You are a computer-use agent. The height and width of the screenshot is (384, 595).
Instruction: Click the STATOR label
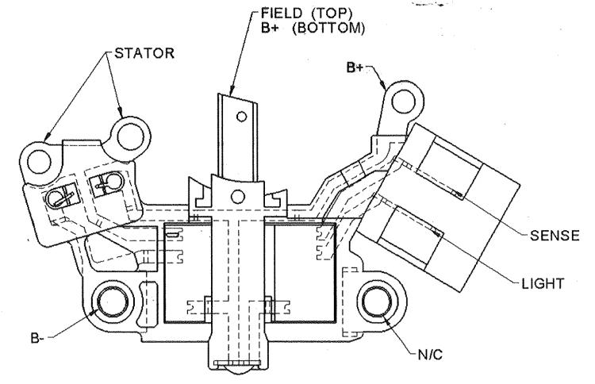[144, 53]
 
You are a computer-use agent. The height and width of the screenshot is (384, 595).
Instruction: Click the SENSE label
[555, 236]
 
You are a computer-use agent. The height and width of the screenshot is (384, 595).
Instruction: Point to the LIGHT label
[543, 283]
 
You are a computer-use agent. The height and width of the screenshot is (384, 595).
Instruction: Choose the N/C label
[430, 355]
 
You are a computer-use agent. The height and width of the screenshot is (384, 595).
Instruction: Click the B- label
[37, 338]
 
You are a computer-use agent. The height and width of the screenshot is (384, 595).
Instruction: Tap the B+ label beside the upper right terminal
[355, 68]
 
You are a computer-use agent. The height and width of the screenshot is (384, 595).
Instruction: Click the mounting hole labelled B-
[113, 302]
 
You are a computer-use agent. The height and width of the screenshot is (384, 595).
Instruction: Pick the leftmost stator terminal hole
[40, 161]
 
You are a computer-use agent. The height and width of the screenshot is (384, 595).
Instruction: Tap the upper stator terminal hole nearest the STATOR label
[131, 136]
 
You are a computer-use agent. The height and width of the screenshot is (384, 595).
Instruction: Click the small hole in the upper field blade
[241, 116]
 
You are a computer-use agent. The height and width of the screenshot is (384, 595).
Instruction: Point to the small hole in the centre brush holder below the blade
[238, 197]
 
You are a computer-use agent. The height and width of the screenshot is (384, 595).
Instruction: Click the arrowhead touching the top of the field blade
[232, 90]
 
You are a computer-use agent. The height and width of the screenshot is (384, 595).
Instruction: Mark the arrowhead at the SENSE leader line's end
[459, 195]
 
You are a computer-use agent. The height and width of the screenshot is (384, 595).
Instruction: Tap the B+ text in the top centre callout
[271, 29]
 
